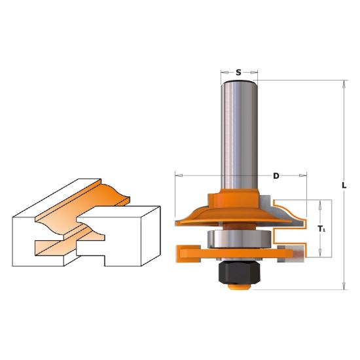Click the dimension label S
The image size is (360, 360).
tap(238, 73)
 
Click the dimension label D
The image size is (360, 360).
tap(276, 176)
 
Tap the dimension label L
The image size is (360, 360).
tap(344, 185)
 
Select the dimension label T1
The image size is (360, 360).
tap(321, 228)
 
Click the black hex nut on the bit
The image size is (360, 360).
tap(239, 272)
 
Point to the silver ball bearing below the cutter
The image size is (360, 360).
tap(240, 239)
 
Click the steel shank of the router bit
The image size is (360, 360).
tap(239, 135)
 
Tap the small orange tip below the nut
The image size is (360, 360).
tap(239, 287)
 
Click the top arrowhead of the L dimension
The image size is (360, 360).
tap(344, 84)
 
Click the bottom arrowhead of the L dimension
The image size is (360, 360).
tap(344, 286)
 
